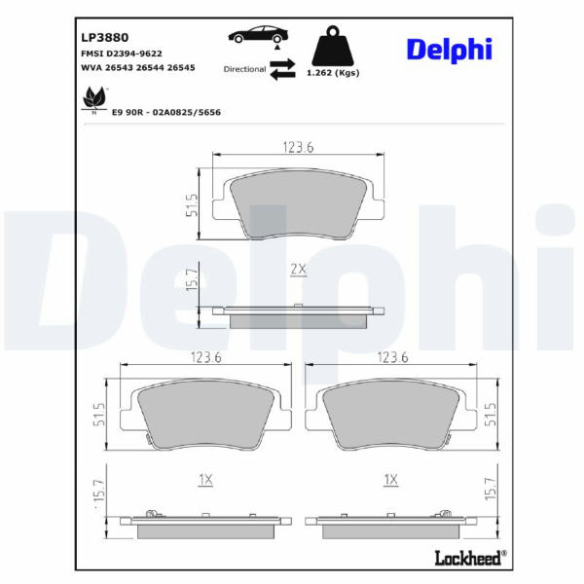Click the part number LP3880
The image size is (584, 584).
(105, 37)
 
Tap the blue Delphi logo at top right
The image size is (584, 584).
(450, 50)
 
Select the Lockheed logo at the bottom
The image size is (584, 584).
(471, 558)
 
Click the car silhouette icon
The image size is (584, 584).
(258, 34)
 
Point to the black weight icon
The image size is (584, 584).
(333, 46)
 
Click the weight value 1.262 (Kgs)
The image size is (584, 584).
(333, 73)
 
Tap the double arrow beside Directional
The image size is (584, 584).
(282, 69)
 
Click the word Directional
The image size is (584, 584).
(244, 69)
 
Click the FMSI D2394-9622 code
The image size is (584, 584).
(122, 54)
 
